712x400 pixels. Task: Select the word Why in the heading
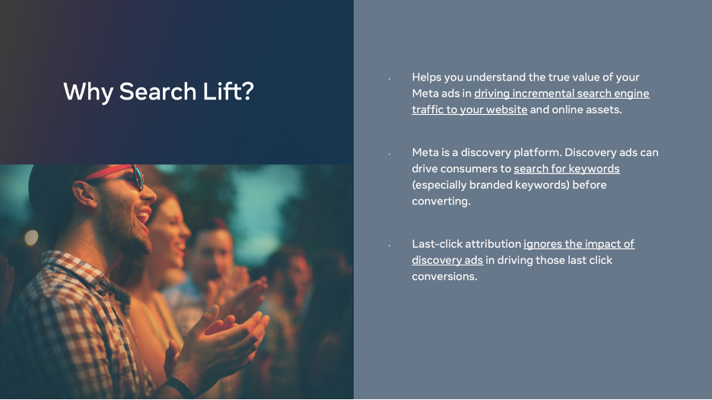pos(88,92)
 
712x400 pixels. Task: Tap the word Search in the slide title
pos(157,91)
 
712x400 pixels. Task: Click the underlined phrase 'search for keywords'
pos(566,169)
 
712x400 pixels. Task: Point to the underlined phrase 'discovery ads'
pos(447,260)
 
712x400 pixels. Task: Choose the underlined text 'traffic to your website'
pos(469,110)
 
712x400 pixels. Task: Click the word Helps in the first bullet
pos(427,77)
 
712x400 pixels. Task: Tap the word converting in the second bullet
pos(441,201)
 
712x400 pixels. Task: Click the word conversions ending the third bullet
pos(444,277)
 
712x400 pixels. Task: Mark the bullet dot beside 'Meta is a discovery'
pos(389,154)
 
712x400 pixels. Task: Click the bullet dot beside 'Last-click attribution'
pos(389,246)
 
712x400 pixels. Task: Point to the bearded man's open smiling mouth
pos(144,216)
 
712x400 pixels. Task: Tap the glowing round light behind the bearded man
pos(31,237)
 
